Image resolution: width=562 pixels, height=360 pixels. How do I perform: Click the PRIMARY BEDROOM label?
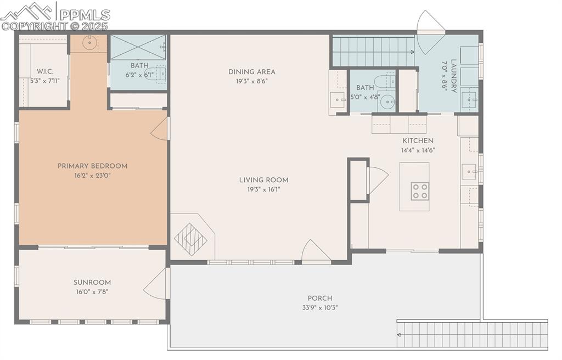pos(92,166)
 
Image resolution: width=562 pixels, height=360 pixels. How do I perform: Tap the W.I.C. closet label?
pos(45,71)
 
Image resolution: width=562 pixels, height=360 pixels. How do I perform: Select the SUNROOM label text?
pos(92,283)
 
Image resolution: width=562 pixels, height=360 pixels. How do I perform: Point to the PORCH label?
pos(320,299)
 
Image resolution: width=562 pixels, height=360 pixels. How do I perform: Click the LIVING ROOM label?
pos(263,180)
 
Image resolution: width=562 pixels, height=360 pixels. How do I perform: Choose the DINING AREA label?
pos(251,72)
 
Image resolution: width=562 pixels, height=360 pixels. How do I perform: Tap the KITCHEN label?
pos(418,140)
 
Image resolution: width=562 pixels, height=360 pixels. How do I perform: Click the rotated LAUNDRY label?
pos(453,76)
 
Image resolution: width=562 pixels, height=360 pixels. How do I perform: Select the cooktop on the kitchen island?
pos(420,191)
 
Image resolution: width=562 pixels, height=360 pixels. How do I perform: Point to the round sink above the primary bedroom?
pos(89,43)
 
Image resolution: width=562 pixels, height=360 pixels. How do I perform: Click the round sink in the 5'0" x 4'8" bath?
pos(387,102)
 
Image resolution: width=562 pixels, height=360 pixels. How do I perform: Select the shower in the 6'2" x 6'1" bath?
pos(138,47)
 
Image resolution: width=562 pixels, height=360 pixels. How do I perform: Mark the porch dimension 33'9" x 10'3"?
pos(320,308)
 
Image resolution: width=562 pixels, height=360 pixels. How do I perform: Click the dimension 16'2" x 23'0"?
pos(92,176)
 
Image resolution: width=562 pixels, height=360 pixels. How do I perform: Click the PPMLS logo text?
pos(85,15)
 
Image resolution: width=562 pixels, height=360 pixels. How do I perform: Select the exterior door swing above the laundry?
pos(430,32)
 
